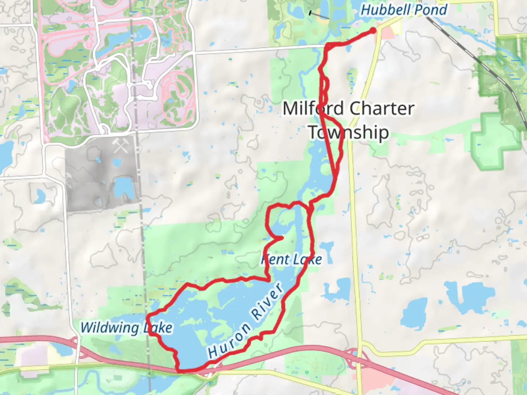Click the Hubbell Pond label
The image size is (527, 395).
(404, 10)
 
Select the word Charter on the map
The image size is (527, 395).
(382, 109)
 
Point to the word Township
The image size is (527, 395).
(348, 132)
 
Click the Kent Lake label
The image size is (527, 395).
(292, 260)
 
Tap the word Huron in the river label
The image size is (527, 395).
(229, 340)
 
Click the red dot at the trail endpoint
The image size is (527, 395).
(373, 30)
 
